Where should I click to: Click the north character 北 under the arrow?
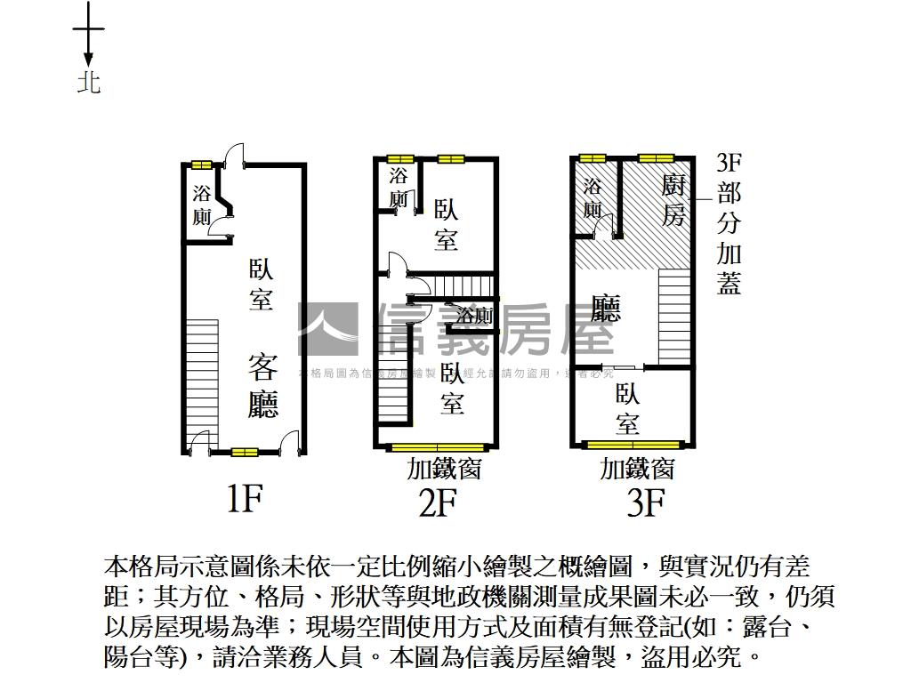(x=88, y=83)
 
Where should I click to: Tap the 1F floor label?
(x=243, y=500)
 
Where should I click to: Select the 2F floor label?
(x=438, y=503)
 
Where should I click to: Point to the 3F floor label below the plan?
(x=646, y=503)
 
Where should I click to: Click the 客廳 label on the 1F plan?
(x=263, y=385)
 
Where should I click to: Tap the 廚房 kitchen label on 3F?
(x=674, y=200)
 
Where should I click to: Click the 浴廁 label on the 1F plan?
(x=202, y=205)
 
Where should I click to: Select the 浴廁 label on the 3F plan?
(x=593, y=198)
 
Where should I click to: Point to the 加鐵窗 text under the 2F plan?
(x=444, y=468)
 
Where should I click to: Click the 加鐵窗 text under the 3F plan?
(x=637, y=468)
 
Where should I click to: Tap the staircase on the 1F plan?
(x=203, y=374)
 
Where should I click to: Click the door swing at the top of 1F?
(x=232, y=156)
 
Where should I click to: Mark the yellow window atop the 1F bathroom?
(x=201, y=165)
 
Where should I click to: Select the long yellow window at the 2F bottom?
(x=438, y=446)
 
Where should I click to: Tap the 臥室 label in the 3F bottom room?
(x=628, y=408)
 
